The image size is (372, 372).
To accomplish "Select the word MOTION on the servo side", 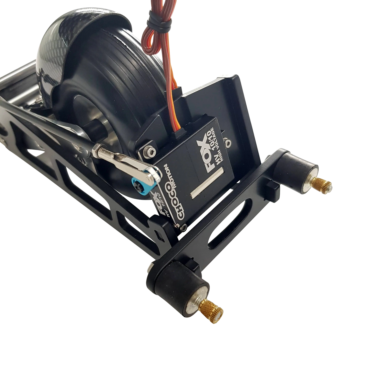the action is [170, 176].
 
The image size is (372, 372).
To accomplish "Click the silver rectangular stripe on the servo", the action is [207, 183].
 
